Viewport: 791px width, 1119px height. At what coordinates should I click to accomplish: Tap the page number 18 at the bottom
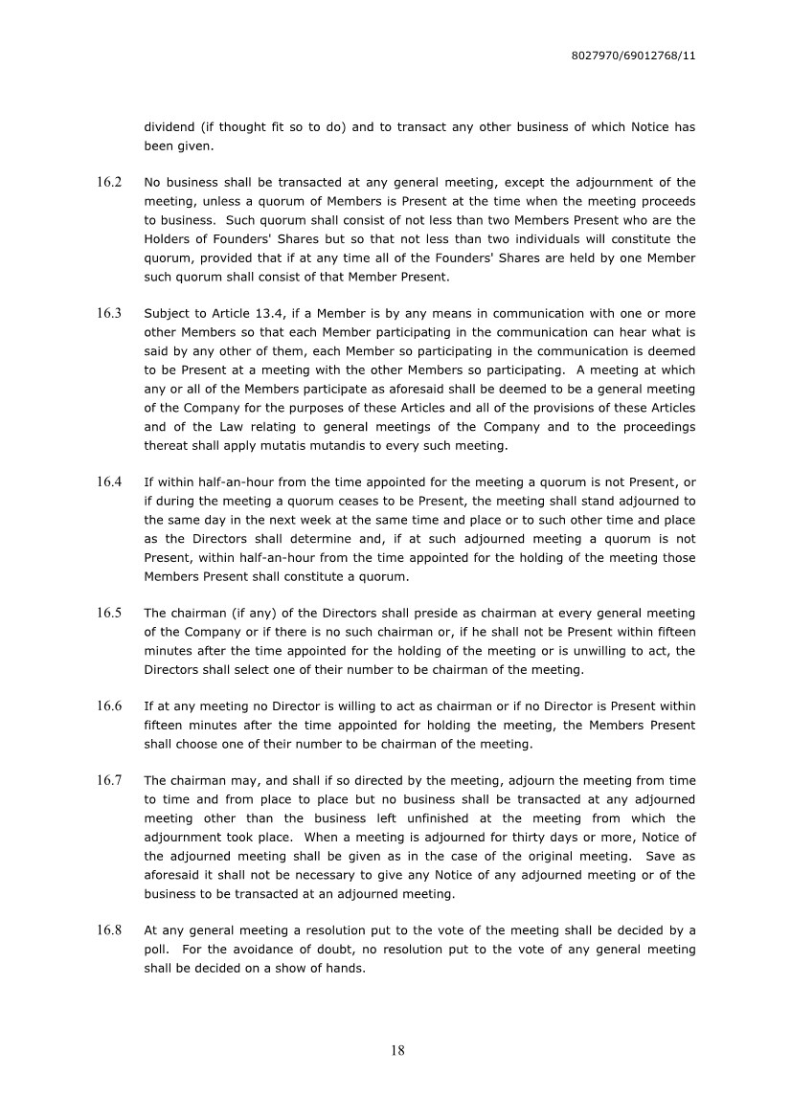[397, 1050]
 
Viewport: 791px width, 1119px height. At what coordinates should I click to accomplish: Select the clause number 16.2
[109, 182]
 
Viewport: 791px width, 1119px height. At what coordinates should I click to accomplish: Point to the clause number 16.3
[109, 314]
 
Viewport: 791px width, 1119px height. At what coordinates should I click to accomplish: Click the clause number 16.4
[109, 482]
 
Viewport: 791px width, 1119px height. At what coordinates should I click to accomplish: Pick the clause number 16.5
[109, 614]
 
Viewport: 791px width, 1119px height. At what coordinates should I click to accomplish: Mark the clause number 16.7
[109, 781]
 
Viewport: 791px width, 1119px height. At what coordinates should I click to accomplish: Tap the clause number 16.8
[109, 931]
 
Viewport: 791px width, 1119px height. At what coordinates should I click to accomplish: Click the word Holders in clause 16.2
[168, 238]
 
